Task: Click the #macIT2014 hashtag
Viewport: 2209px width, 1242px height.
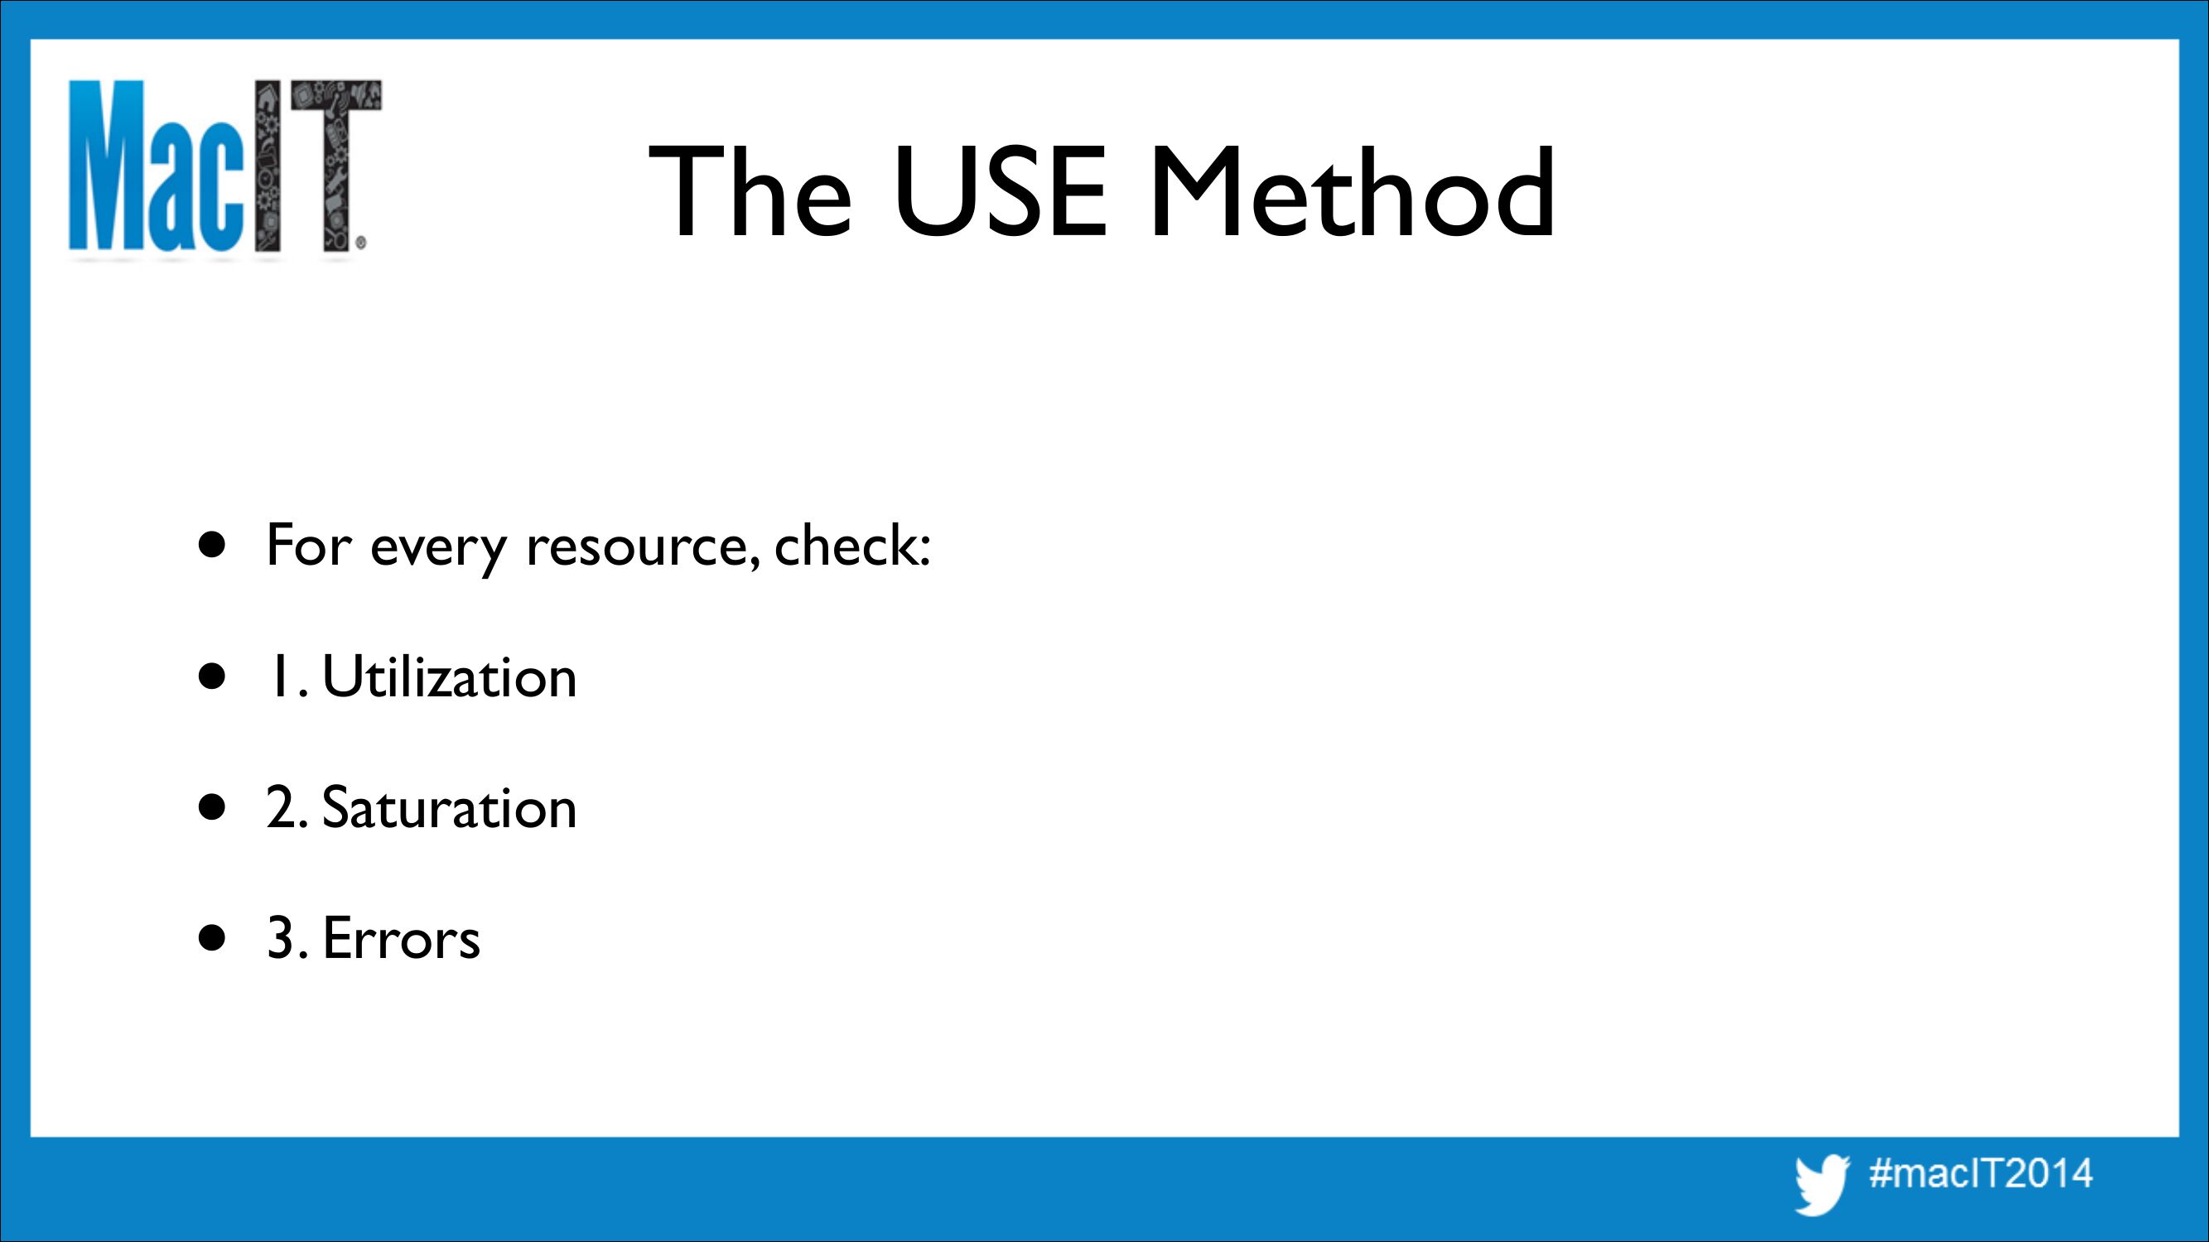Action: coord(1981,1172)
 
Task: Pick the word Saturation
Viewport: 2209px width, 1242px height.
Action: coord(450,807)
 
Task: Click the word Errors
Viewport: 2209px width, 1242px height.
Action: coord(402,938)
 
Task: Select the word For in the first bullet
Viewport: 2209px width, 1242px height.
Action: coord(309,545)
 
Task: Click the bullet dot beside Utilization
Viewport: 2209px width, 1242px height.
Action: coord(212,676)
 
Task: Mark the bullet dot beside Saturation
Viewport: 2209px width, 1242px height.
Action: coord(212,806)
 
